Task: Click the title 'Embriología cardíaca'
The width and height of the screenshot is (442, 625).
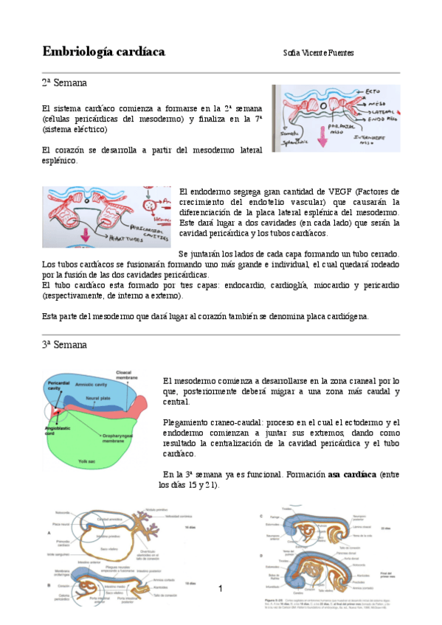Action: (x=103, y=51)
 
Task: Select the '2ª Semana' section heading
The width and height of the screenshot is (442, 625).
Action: (x=64, y=84)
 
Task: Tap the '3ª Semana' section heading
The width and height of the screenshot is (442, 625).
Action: (x=64, y=344)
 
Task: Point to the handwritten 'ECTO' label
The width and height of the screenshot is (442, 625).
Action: (x=375, y=92)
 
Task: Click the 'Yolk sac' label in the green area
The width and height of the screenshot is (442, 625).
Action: (x=89, y=461)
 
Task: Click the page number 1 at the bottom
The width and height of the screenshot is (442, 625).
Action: (x=221, y=588)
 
